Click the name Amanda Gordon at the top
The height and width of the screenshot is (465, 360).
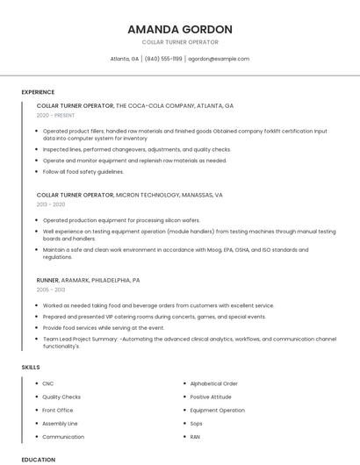179,29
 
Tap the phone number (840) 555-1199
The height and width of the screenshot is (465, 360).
163,59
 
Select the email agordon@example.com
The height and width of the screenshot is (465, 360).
219,59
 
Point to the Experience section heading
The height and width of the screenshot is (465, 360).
38,92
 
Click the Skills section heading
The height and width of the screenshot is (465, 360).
31,366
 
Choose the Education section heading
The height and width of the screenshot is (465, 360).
38,459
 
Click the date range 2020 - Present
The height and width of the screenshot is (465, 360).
55,115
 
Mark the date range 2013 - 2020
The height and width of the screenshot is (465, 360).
52,204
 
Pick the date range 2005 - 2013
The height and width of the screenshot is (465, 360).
51,290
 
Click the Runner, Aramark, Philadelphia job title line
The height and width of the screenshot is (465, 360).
88,280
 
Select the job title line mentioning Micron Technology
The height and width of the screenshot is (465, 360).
130,195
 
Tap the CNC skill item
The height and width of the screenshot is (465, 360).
48,383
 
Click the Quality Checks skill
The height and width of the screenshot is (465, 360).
61,397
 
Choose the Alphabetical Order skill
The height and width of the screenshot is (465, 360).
213,383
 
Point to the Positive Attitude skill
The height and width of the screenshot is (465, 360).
212,397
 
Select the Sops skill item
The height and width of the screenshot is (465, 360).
196,423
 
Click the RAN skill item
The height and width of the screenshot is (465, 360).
195,436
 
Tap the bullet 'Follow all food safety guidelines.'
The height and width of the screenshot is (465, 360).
85,172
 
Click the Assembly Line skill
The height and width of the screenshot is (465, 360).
60,423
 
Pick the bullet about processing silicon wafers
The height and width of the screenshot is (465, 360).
121,220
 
